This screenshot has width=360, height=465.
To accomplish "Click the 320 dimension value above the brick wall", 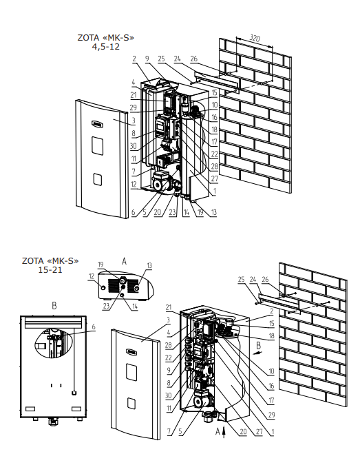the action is coord(255,39).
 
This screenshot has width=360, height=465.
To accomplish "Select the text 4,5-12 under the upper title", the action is coord(106,47).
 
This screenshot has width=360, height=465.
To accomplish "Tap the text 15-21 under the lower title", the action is coord(50,270).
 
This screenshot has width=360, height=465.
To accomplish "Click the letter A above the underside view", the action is coord(124,261).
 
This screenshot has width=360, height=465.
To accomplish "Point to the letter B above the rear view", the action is coord(54,306).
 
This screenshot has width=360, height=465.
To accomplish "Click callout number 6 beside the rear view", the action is coord(94,327).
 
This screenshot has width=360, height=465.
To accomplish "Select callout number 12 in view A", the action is coord(92,276).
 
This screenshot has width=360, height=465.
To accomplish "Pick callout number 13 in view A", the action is coord(149,265).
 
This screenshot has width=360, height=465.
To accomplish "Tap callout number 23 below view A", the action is coord(107,306).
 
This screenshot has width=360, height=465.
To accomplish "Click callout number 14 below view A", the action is coord(134,307).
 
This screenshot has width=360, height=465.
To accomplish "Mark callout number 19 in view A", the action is coord(100,265).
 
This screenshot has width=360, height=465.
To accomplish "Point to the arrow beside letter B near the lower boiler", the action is coord(258,353).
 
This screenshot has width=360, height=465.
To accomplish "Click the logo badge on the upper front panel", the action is coord(98,125).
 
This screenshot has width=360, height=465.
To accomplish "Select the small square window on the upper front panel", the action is coord(98,179).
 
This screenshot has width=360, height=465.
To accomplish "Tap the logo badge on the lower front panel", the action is coord(131,352).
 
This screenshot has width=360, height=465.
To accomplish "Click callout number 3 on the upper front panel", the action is coord(134,121).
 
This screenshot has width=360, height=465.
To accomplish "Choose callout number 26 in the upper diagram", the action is coord(194,59).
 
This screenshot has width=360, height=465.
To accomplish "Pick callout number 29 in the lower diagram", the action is coord(271,415).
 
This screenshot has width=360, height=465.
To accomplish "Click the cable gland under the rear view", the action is coord(53,420).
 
